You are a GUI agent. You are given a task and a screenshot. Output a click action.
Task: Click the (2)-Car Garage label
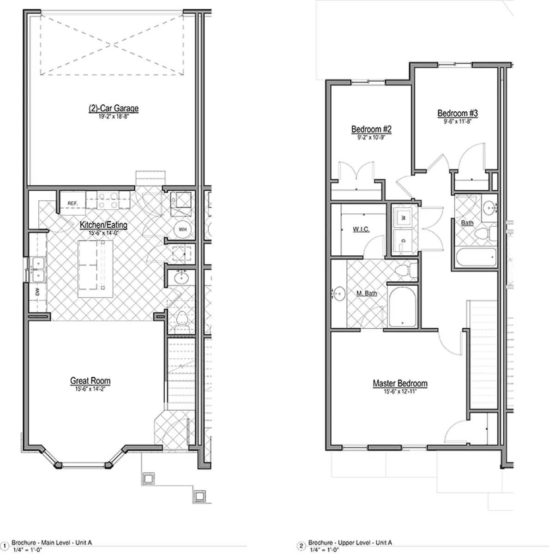[113, 108]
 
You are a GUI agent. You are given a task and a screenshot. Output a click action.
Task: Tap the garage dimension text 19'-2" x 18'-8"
[113, 117]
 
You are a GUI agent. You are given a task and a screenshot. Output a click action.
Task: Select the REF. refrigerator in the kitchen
[72, 203]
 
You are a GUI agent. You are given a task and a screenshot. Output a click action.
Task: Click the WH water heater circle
[182, 229]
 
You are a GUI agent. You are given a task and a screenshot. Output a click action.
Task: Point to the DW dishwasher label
[37, 291]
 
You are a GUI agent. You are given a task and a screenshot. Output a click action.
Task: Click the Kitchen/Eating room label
[103, 225]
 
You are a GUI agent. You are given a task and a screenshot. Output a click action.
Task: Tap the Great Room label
[90, 381]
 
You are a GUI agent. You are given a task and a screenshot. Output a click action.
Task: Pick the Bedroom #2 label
[371, 129]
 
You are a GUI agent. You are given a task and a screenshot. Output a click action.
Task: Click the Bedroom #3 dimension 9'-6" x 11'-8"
[458, 122]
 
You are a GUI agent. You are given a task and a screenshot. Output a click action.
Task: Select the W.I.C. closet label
[361, 229]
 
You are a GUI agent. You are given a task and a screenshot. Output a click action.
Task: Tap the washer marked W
[403, 217]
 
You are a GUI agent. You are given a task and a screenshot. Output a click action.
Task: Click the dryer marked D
[403, 241]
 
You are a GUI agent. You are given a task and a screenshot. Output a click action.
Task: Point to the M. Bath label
[367, 293]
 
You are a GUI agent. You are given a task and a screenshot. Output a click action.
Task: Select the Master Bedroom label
[400, 383]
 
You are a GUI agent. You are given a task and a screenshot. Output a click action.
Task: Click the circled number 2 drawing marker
[302, 546]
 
